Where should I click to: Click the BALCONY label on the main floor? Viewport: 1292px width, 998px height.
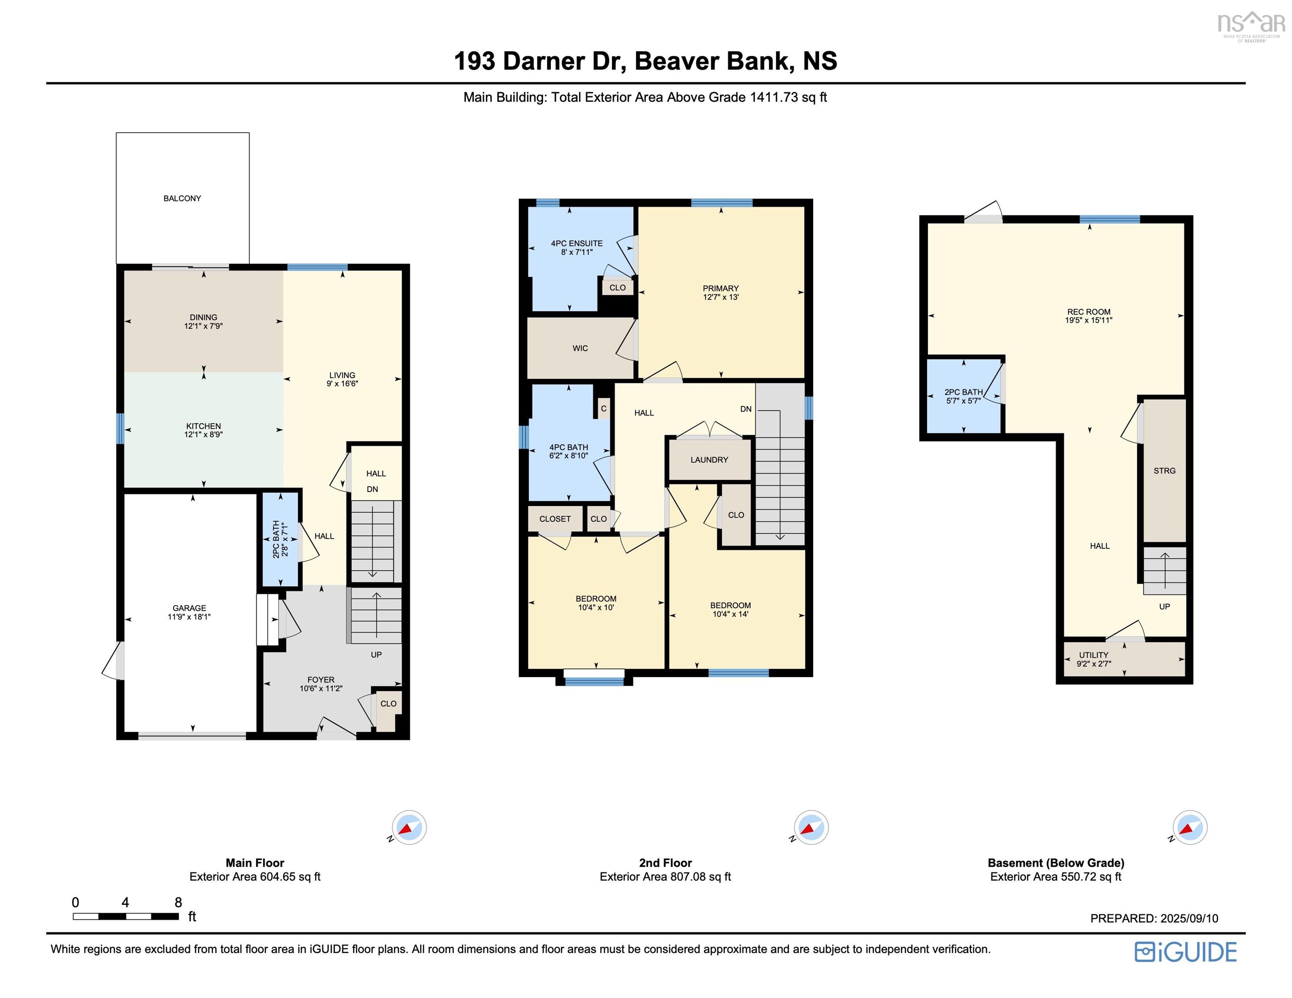(x=182, y=198)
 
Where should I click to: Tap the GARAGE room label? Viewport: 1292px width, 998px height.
(x=189, y=608)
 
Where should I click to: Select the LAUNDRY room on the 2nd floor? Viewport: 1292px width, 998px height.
(x=709, y=460)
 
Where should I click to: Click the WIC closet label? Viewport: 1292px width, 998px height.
(x=580, y=348)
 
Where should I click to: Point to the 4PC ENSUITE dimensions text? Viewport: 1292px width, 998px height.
(x=577, y=252)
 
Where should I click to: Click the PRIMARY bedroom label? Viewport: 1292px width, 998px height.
(x=720, y=288)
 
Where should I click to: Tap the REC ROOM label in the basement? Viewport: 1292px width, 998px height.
(x=1088, y=311)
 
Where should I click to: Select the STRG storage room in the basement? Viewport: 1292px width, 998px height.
(x=1164, y=470)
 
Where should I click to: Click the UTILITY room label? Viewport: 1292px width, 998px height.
(x=1093, y=655)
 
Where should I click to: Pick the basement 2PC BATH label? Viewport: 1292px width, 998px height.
(x=963, y=392)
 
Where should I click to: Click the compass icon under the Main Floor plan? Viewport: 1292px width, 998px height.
(x=409, y=827)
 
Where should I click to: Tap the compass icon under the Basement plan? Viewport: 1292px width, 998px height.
(x=1190, y=827)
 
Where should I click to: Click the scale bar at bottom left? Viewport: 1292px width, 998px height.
(x=125, y=916)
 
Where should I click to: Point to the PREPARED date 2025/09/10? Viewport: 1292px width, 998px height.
(x=1154, y=918)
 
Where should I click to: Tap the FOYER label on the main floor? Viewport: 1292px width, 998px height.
(x=321, y=679)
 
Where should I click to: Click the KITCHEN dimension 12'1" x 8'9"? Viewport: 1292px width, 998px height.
(x=204, y=434)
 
